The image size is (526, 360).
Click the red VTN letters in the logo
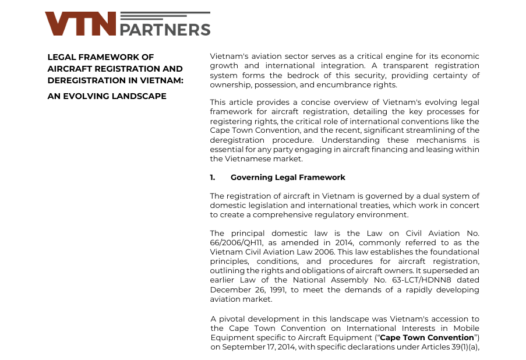click(x=80, y=24)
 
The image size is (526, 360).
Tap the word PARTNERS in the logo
click(x=165, y=29)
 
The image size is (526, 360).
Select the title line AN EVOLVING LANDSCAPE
click(x=107, y=96)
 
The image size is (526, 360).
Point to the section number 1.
click(x=213, y=177)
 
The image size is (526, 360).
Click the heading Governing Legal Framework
click(x=288, y=177)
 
